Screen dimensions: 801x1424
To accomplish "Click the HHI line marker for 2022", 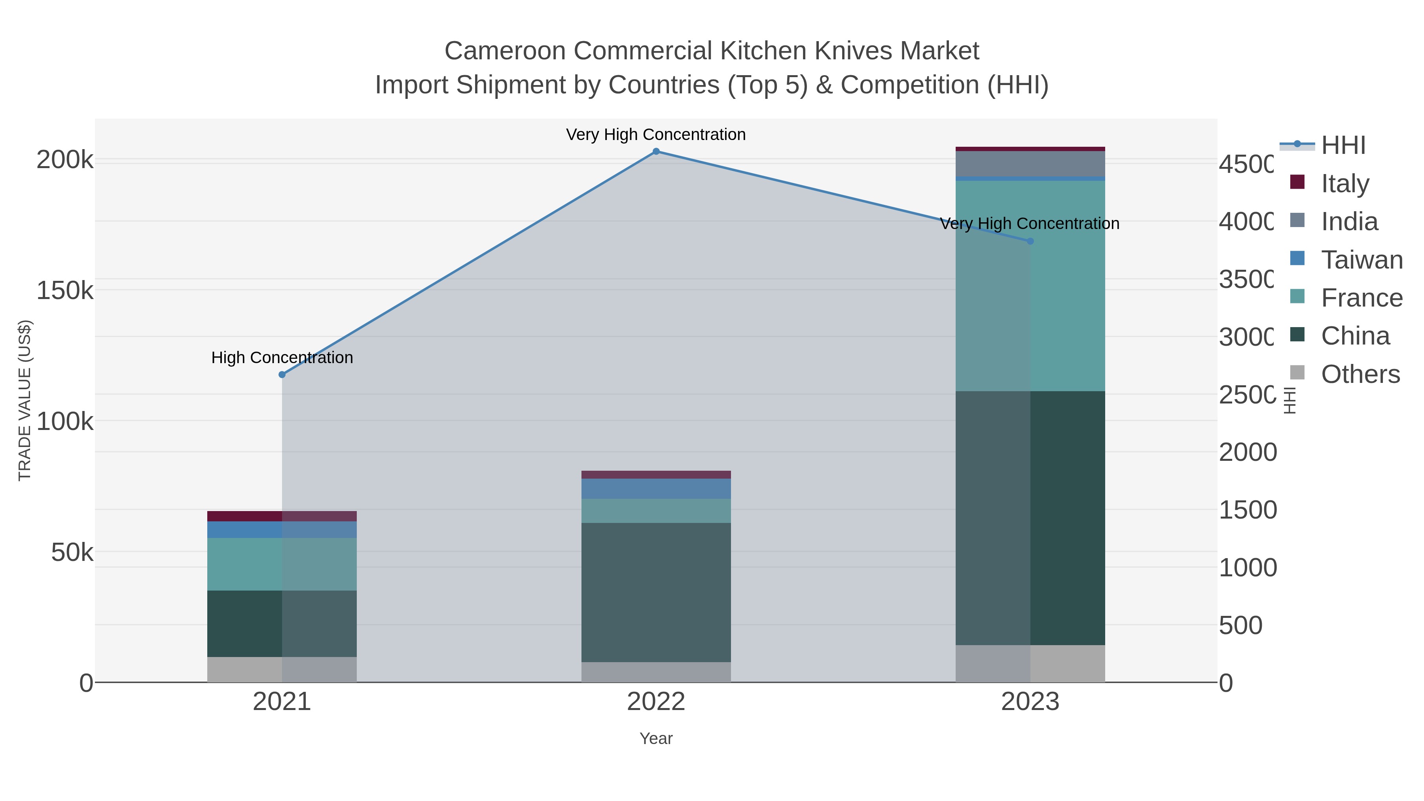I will (656, 151).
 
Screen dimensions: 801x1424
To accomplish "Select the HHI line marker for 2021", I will (282, 375).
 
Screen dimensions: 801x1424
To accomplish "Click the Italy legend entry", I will (1344, 184).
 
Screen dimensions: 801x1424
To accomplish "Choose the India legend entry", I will (1349, 222).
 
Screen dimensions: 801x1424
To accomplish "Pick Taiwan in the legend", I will (1362, 260).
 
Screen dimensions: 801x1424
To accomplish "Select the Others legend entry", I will (1360, 374).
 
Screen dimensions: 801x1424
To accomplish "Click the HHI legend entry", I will (1343, 146).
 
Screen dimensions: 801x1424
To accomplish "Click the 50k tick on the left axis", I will (72, 552).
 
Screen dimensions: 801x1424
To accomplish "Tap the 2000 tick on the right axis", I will (1248, 452).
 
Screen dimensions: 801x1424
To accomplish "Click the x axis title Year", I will (656, 739).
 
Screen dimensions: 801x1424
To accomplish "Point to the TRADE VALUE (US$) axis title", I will (25, 400).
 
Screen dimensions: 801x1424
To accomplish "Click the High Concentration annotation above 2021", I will (282, 358).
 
